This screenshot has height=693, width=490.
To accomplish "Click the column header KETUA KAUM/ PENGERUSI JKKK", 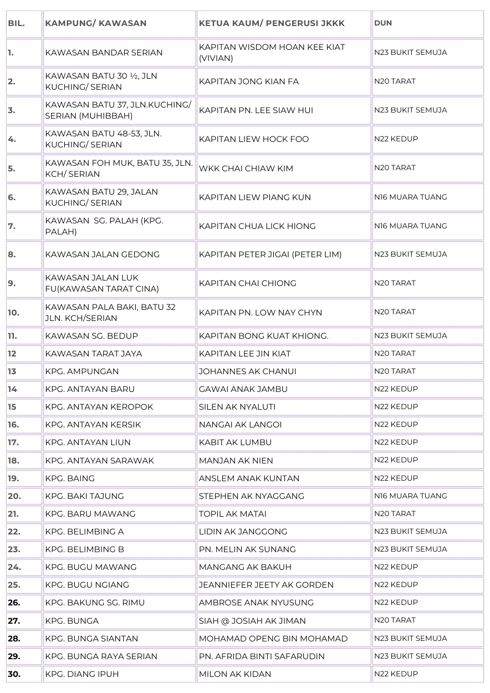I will click(272, 23).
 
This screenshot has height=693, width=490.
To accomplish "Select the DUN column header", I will click(383, 23).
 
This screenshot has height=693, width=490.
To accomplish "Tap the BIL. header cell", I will click(16, 23).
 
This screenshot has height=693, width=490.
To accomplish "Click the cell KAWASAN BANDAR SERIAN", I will click(104, 53).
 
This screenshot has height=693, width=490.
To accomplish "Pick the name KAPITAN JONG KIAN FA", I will click(249, 81).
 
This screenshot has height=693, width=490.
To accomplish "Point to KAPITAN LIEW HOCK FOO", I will click(254, 139).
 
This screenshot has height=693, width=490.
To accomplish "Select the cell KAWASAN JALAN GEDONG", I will click(102, 254).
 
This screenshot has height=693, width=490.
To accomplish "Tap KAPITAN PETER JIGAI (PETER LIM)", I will click(270, 254).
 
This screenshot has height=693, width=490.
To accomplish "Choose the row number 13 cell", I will click(12, 371).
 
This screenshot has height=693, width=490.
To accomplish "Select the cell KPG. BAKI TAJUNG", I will click(84, 496).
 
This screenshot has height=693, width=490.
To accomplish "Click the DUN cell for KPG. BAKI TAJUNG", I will click(410, 496).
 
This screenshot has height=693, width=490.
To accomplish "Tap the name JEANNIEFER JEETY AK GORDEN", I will click(266, 585).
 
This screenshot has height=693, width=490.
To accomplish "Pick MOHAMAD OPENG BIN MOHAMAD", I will click(273, 639).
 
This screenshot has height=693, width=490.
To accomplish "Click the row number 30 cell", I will click(14, 674).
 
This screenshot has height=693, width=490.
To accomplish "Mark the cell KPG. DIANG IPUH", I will click(82, 674).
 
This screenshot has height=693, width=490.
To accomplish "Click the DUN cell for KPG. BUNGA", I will click(395, 620).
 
